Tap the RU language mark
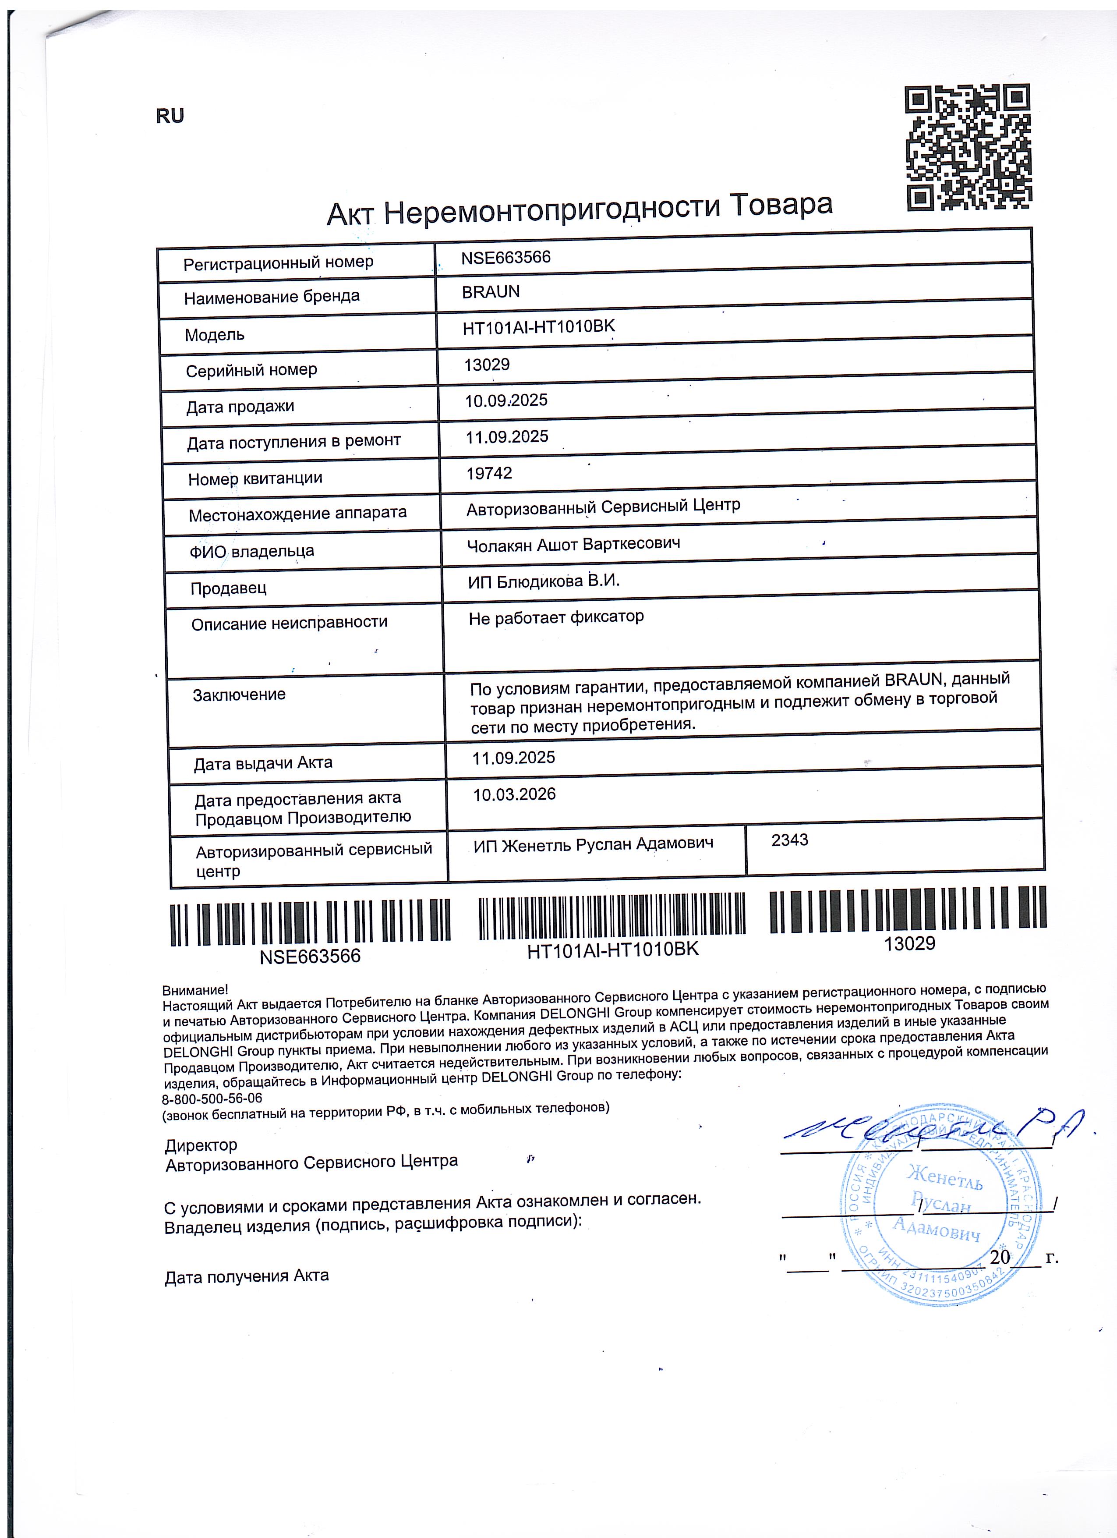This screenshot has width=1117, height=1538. (x=170, y=116)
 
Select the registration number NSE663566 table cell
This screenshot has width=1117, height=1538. (x=505, y=258)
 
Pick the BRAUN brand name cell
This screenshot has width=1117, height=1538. (x=491, y=292)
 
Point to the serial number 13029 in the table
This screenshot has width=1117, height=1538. (x=487, y=365)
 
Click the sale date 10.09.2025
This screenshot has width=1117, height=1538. (x=505, y=401)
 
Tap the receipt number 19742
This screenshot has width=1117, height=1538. (x=489, y=473)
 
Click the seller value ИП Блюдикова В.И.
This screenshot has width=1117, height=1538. (x=544, y=581)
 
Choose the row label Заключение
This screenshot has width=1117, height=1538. (x=239, y=695)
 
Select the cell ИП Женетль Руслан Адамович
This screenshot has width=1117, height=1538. (x=593, y=845)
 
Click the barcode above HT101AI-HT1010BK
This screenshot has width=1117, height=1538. (x=612, y=916)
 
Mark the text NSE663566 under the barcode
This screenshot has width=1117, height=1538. (x=310, y=956)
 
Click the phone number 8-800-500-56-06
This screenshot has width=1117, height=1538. (x=212, y=1099)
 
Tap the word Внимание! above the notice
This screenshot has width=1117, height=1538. (x=195, y=991)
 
